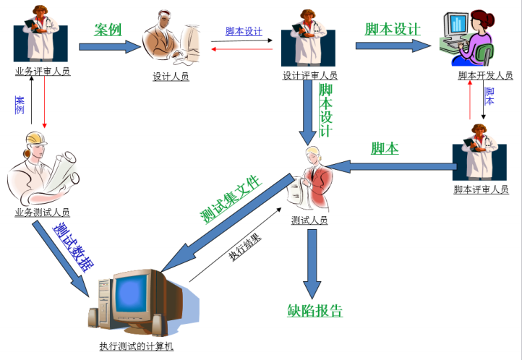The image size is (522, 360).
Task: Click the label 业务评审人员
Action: pyautogui.click(x=43, y=72)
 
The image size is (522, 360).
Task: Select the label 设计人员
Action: pyautogui.click(x=171, y=77)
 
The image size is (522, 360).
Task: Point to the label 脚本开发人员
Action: pyautogui.click(x=485, y=75)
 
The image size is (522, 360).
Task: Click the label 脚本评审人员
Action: pyautogui.click(x=480, y=190)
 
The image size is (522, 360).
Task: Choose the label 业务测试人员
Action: pyautogui.click(x=43, y=212)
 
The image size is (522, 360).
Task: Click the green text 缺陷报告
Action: pyautogui.click(x=315, y=312)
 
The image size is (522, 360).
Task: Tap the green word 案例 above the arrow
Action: pyautogui.click(x=108, y=30)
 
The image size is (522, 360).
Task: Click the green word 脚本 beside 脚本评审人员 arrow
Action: pyautogui.click(x=385, y=148)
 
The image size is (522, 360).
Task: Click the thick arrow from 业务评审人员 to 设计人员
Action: pyautogui.click(x=108, y=46)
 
